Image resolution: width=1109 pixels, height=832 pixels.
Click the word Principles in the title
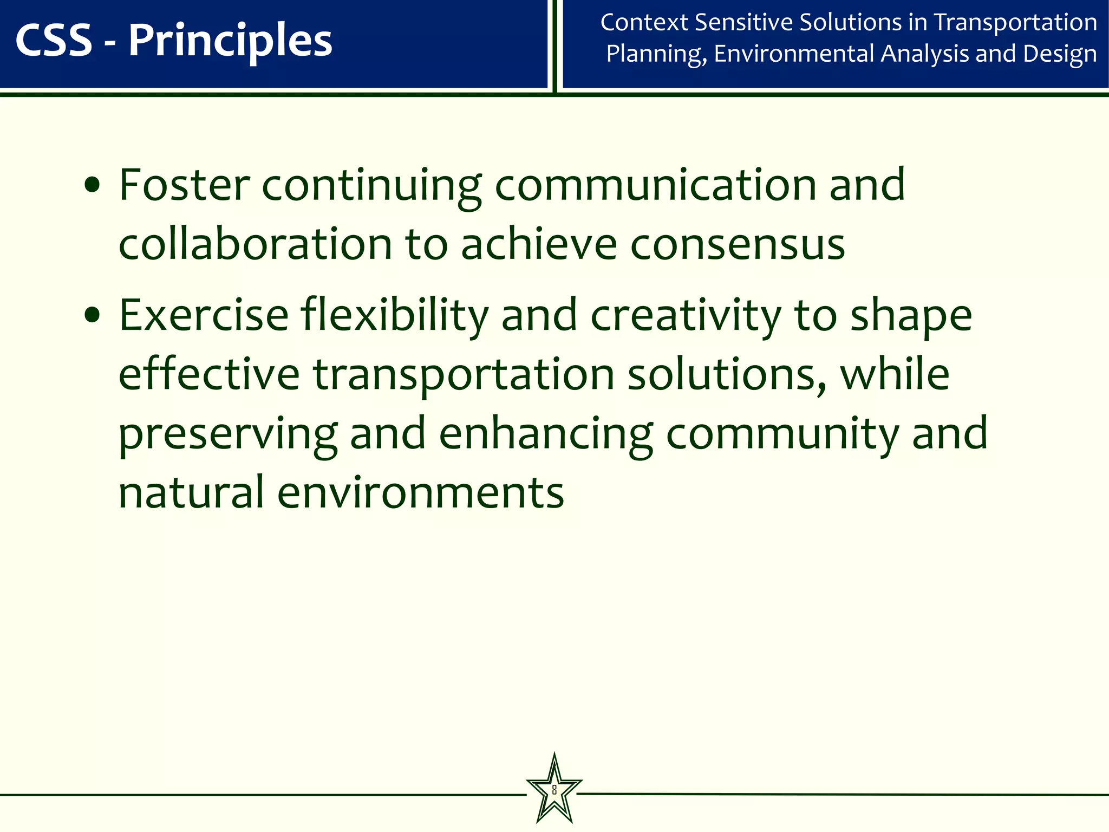(230, 41)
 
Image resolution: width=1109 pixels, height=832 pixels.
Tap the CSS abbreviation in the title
(54, 41)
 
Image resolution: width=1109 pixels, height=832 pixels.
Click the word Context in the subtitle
(644, 23)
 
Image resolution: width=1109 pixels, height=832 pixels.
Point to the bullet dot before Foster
(93, 185)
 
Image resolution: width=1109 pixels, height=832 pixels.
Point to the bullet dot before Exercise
(93, 315)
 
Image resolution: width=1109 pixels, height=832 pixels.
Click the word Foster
(184, 185)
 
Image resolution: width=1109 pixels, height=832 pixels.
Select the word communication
(655, 185)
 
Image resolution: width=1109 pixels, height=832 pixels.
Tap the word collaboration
(255, 244)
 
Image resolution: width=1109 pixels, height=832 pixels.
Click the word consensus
(738, 244)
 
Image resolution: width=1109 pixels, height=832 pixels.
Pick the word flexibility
(395, 315)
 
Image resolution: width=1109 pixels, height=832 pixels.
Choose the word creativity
(686, 315)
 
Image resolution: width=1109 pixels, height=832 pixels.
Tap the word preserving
(228, 434)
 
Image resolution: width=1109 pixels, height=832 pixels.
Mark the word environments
(421, 492)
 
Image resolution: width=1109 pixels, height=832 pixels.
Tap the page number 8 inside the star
(554, 789)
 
